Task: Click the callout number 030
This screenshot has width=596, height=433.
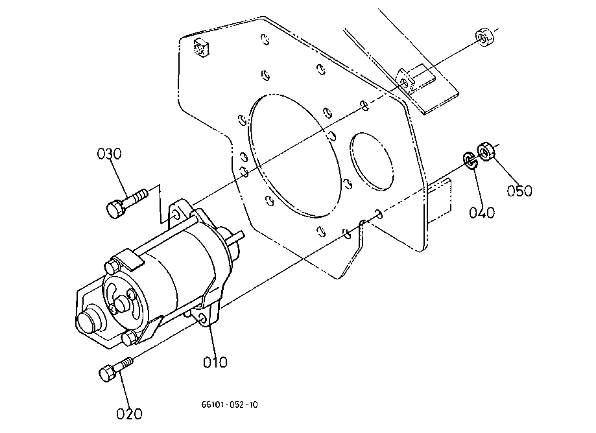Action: (x=110, y=154)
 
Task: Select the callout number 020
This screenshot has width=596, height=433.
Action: (x=129, y=414)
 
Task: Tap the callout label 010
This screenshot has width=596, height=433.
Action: (x=215, y=362)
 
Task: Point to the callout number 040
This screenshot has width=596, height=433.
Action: (x=482, y=213)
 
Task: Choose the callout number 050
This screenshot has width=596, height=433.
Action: (x=519, y=191)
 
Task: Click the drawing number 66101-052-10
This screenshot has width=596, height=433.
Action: (x=230, y=404)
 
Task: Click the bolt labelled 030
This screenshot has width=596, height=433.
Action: (x=126, y=203)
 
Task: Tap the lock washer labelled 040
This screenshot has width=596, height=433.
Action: (x=470, y=161)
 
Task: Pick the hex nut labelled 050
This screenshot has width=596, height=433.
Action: (x=486, y=152)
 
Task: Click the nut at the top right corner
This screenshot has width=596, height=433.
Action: (x=484, y=37)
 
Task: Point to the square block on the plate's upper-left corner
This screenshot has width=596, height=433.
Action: (x=202, y=47)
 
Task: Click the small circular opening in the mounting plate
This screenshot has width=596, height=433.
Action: (x=372, y=161)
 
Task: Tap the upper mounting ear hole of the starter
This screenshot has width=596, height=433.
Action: (x=175, y=215)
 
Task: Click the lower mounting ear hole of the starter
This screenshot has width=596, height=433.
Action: (x=203, y=318)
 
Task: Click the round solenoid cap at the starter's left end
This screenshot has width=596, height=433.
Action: (x=90, y=319)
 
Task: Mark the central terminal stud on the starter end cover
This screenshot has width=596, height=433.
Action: (x=122, y=304)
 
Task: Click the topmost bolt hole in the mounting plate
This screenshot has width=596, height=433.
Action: (x=265, y=39)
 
